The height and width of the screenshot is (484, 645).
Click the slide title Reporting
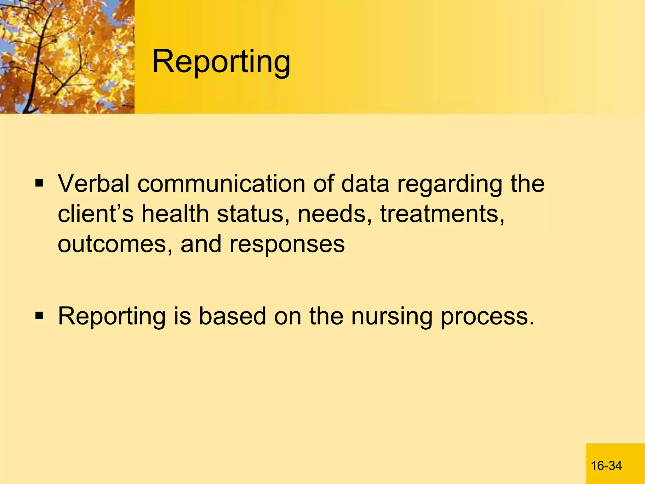click(221, 62)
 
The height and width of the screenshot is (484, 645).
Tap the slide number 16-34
click(606, 466)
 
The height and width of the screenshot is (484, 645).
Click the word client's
click(96, 214)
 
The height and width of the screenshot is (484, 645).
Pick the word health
click(175, 214)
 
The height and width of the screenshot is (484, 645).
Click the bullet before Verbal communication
click(39, 183)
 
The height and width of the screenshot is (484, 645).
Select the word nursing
click(391, 317)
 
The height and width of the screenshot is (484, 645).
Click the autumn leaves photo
click(67, 57)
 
